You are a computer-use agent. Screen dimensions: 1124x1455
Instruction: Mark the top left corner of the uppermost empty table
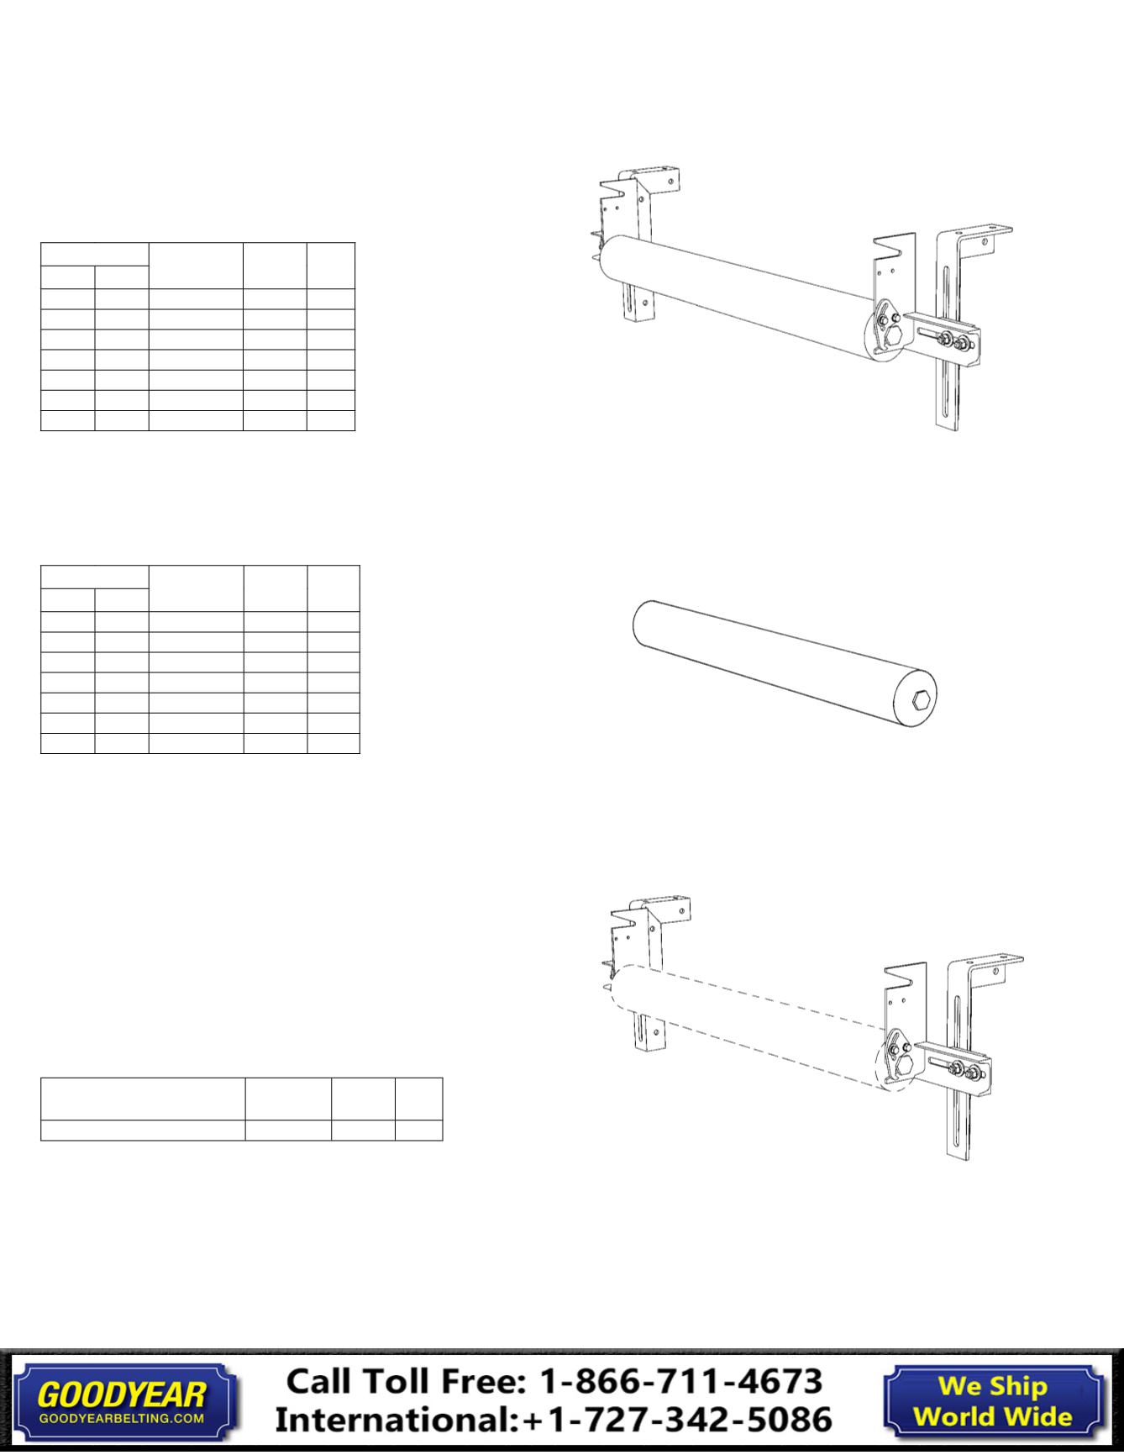41,244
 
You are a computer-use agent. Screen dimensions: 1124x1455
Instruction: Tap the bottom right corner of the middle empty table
360,753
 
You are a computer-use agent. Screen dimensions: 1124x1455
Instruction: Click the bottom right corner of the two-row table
443,1140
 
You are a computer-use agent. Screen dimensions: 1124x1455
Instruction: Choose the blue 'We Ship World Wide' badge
993,1401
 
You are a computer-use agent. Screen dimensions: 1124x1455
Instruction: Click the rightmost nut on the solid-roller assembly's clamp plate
961,342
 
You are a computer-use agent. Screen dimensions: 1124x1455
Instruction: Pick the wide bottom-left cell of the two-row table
143,1130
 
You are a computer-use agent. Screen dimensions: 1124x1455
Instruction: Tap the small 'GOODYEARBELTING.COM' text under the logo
122,1418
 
